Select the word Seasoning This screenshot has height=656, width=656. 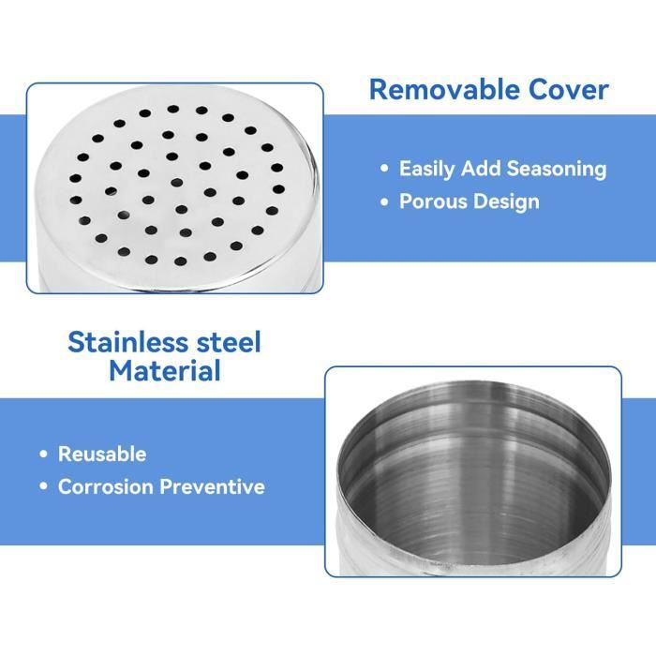click(x=557, y=170)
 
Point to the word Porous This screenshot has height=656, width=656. click(x=433, y=201)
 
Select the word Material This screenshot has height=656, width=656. click(x=165, y=371)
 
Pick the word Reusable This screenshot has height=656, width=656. click(x=102, y=454)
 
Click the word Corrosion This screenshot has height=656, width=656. click(x=105, y=486)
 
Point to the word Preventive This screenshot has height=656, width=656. click(x=212, y=486)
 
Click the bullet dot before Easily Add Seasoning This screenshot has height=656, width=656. click(x=384, y=169)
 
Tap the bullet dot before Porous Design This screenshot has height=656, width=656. click(x=384, y=202)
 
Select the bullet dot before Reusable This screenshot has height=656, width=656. click(x=43, y=455)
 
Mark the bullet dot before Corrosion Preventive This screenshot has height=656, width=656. click(x=43, y=486)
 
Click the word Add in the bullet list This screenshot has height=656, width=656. click(x=481, y=169)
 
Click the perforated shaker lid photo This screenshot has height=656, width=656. click(x=175, y=188)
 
